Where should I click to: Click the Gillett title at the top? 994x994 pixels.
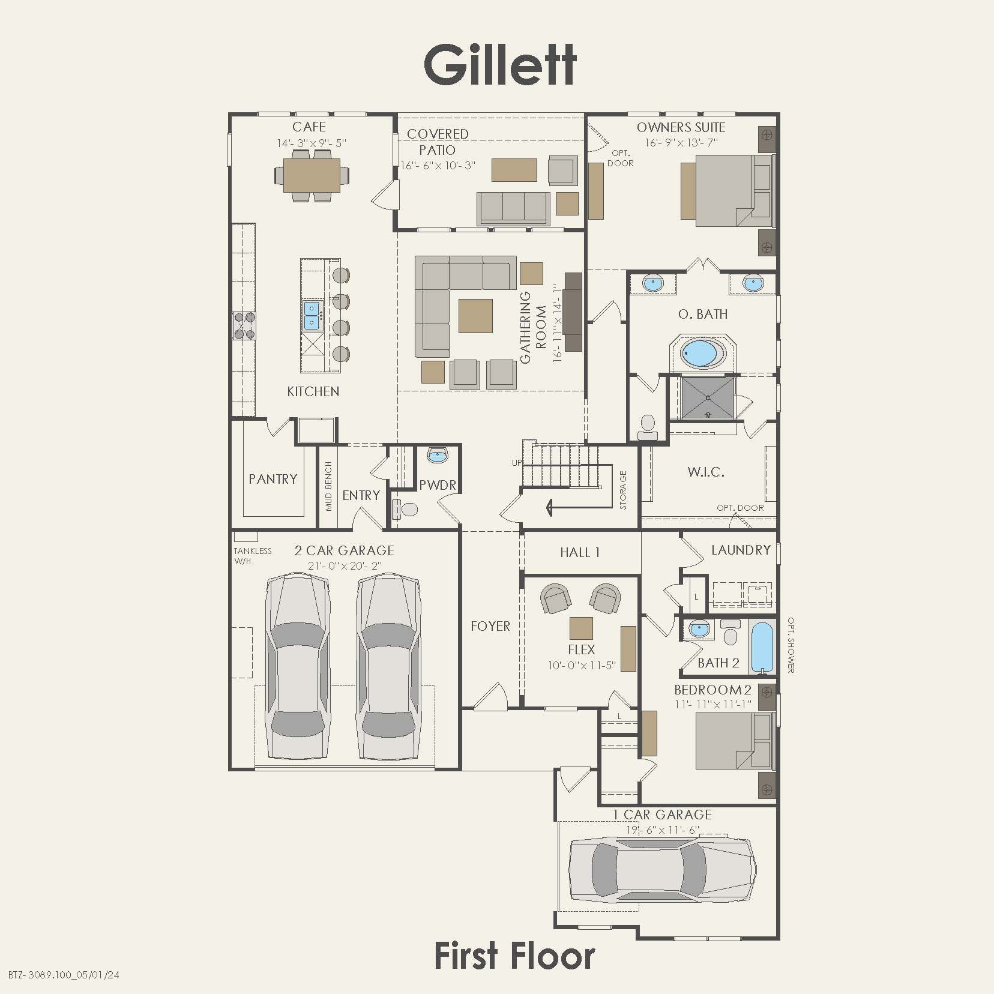(x=500, y=65)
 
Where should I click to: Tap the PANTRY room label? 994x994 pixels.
(x=273, y=479)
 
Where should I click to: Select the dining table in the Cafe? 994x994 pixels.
(x=312, y=175)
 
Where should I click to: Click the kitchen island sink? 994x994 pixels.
(x=312, y=316)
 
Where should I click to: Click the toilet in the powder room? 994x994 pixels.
(x=408, y=510)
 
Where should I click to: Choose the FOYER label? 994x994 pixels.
(x=490, y=626)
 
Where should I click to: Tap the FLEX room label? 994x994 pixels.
(x=581, y=649)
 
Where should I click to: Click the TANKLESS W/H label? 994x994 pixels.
(x=252, y=556)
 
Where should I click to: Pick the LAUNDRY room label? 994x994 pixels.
(x=741, y=550)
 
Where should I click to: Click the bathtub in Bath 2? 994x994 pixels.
(x=763, y=646)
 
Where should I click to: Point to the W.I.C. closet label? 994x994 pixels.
(x=706, y=472)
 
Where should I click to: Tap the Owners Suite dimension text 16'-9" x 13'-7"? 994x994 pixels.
(x=681, y=143)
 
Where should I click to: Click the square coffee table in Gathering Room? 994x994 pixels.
(x=475, y=316)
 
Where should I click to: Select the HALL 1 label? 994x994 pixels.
(x=580, y=552)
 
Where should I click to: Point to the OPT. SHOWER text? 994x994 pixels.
(x=791, y=645)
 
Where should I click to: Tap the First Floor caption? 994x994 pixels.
(x=514, y=956)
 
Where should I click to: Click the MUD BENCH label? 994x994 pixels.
(x=328, y=486)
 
